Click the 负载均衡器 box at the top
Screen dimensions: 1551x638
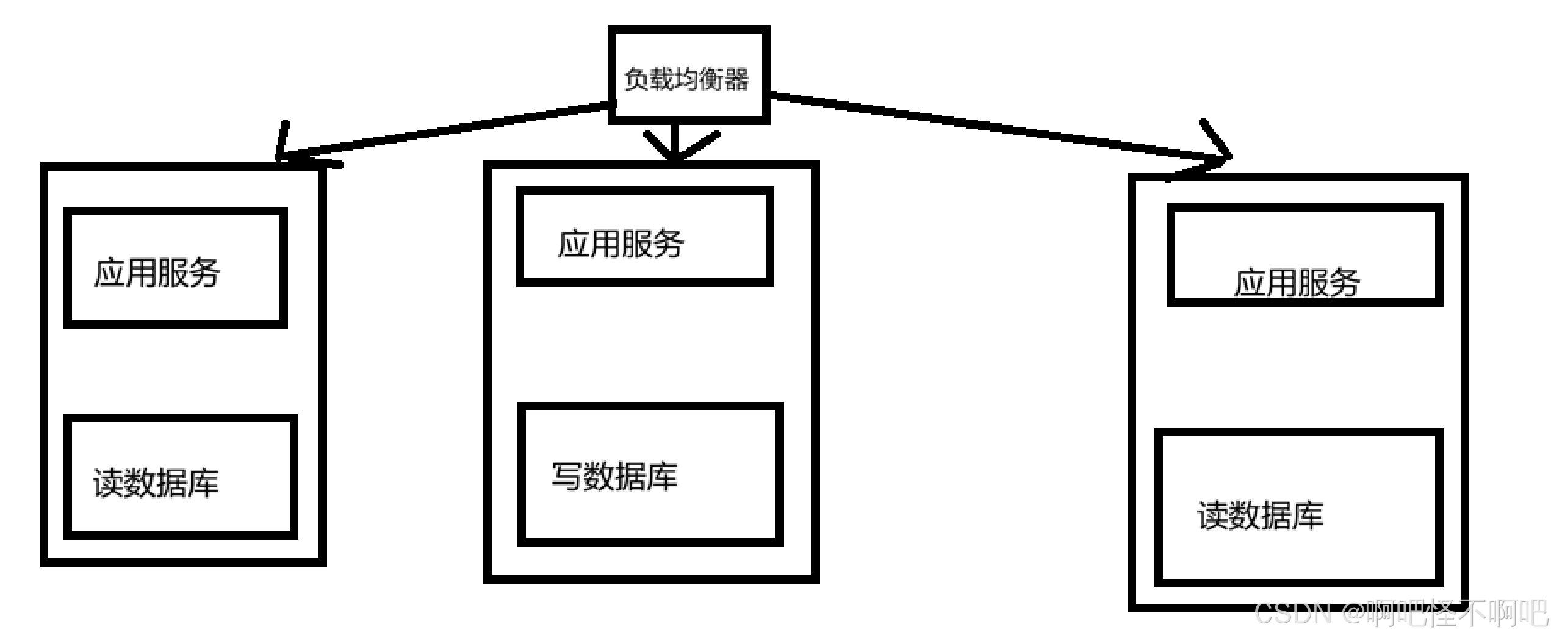click(688, 74)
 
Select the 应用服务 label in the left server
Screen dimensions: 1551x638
click(157, 273)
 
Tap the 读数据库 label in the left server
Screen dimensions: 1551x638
click(156, 484)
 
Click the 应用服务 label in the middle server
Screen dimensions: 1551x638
click(621, 244)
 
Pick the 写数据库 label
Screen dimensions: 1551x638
click(614, 476)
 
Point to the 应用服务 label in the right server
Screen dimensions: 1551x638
click(1297, 283)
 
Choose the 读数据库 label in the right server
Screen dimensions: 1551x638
click(1260, 516)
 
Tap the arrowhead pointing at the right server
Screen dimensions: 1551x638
click(1217, 152)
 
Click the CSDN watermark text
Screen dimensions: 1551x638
click(1292, 614)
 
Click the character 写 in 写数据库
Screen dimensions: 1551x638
click(567, 476)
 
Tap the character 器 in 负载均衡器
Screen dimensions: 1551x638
click(736, 79)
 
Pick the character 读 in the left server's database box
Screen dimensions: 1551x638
click(109, 484)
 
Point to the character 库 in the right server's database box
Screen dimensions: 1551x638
click(1308, 516)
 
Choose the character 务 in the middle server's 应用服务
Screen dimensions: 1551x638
click(669, 244)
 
